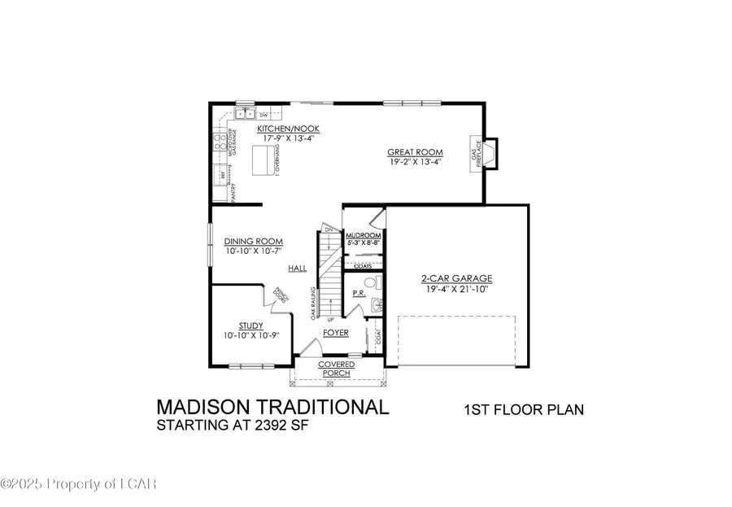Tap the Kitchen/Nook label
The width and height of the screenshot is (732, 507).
click(x=277, y=129)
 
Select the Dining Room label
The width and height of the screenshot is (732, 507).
click(x=254, y=241)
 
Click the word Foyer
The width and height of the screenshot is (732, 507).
click(x=335, y=333)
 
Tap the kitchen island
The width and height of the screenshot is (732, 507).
click(x=264, y=164)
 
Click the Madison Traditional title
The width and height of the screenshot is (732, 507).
click(x=272, y=406)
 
